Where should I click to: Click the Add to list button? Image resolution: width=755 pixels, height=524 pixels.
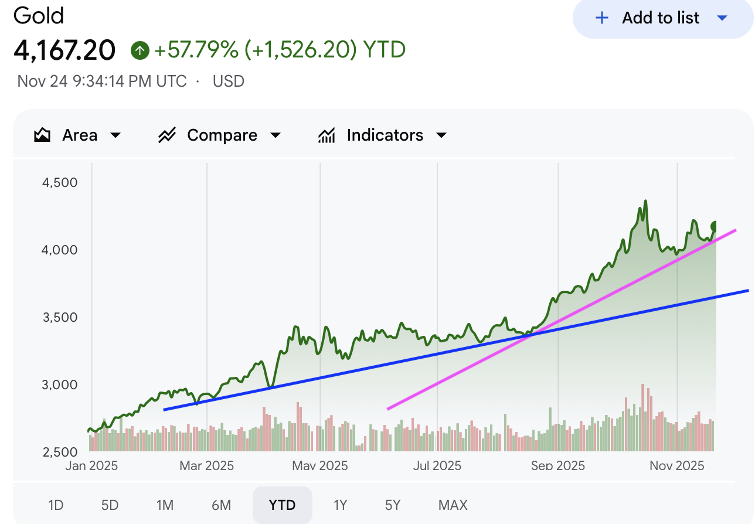click(661, 18)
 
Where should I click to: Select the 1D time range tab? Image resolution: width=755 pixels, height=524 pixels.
click(56, 505)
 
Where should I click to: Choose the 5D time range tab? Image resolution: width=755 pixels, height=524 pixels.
click(110, 505)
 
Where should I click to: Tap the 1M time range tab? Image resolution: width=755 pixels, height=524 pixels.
click(165, 505)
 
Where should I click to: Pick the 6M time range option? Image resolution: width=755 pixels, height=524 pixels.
click(221, 505)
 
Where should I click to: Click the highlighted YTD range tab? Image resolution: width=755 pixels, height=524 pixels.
click(282, 505)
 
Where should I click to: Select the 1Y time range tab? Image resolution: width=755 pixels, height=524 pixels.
click(340, 505)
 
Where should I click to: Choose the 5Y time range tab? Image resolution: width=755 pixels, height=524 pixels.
click(393, 505)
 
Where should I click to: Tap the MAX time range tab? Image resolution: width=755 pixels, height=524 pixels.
click(453, 505)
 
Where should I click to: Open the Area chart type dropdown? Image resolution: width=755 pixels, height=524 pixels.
click(77, 135)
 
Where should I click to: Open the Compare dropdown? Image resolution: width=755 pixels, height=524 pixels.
click(220, 135)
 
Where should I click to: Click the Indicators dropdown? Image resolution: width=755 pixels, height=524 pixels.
click(382, 135)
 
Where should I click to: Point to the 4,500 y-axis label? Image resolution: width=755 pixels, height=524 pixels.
click(60, 182)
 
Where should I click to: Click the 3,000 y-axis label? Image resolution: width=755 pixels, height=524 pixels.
click(60, 385)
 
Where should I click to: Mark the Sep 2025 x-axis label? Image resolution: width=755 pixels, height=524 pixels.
click(557, 466)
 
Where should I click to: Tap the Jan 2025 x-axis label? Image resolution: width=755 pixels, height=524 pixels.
click(91, 466)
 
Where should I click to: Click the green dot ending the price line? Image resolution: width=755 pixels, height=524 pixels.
click(715, 226)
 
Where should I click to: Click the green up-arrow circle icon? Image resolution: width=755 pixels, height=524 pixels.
click(140, 50)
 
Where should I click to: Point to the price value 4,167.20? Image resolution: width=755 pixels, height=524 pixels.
click(64, 50)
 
